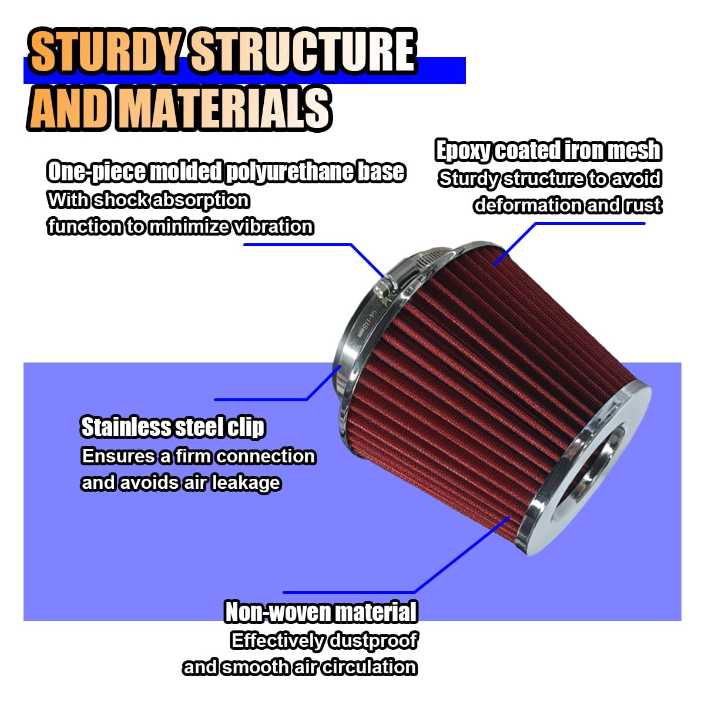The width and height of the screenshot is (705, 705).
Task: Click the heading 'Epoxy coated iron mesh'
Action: (x=548, y=151)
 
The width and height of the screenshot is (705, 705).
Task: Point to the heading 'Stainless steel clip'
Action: (x=173, y=427)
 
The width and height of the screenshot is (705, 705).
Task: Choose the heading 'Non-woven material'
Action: (x=321, y=612)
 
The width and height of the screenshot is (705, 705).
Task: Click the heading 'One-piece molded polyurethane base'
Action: (x=226, y=172)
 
